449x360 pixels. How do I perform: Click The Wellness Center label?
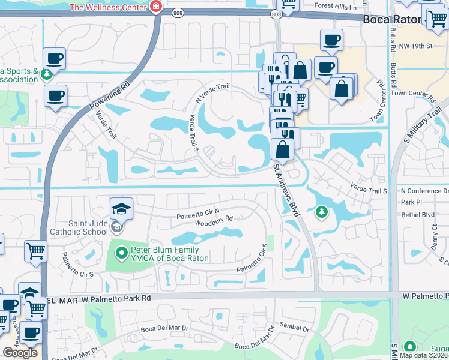[x=109, y=7]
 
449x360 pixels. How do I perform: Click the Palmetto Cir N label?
[x=198, y=215]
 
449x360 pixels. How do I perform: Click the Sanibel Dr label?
[x=294, y=329]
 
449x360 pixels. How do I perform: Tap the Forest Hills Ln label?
[x=336, y=7]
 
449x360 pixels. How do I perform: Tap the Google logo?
[x=20, y=353]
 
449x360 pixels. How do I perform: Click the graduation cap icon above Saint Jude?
[x=121, y=209]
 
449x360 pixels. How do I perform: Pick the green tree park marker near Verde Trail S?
[x=322, y=212]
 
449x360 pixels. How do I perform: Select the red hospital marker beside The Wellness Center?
[x=156, y=7]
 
